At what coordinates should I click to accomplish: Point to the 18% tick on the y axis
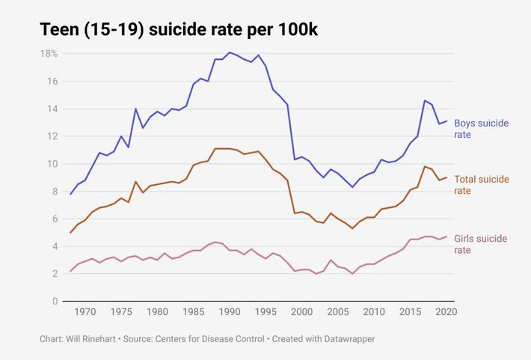pyautogui.click(x=49, y=54)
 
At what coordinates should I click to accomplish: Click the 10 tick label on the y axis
pyautogui.click(x=53, y=164)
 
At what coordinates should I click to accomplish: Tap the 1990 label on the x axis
pyautogui.click(x=230, y=312)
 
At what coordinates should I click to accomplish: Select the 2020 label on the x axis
pyautogui.click(x=446, y=312)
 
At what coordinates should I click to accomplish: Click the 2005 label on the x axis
pyautogui.click(x=338, y=312)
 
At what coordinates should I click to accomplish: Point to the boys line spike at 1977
pyautogui.click(x=135, y=109)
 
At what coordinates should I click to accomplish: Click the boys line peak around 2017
pyautogui.click(x=425, y=100)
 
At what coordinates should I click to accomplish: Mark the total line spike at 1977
pyautogui.click(x=135, y=181)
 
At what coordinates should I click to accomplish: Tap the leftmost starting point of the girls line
pyautogui.click(x=70, y=271)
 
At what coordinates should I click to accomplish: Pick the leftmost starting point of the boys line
pyautogui.click(x=70, y=194)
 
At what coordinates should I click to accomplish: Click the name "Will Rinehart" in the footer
pyautogui.click(x=93, y=339)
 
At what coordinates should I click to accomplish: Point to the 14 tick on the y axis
pyautogui.click(x=53, y=109)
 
